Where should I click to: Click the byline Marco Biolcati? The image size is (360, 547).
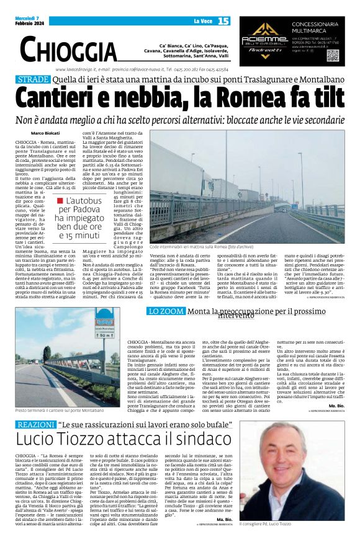point(45,133)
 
